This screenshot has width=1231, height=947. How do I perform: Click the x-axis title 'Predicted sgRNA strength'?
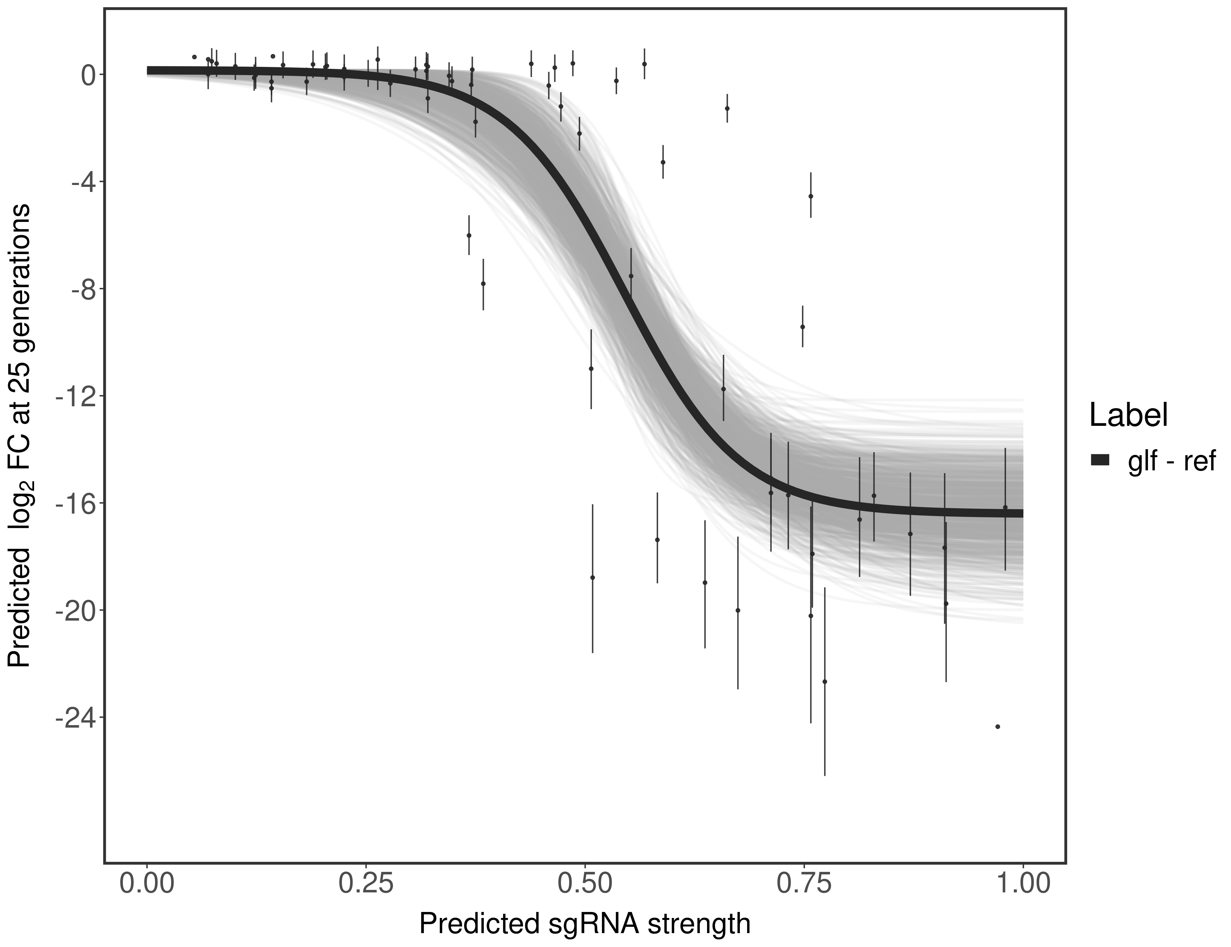pos(585,925)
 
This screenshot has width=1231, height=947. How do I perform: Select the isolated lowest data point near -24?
pos(998,727)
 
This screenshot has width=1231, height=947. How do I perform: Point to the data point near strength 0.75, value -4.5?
pos(811,196)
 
